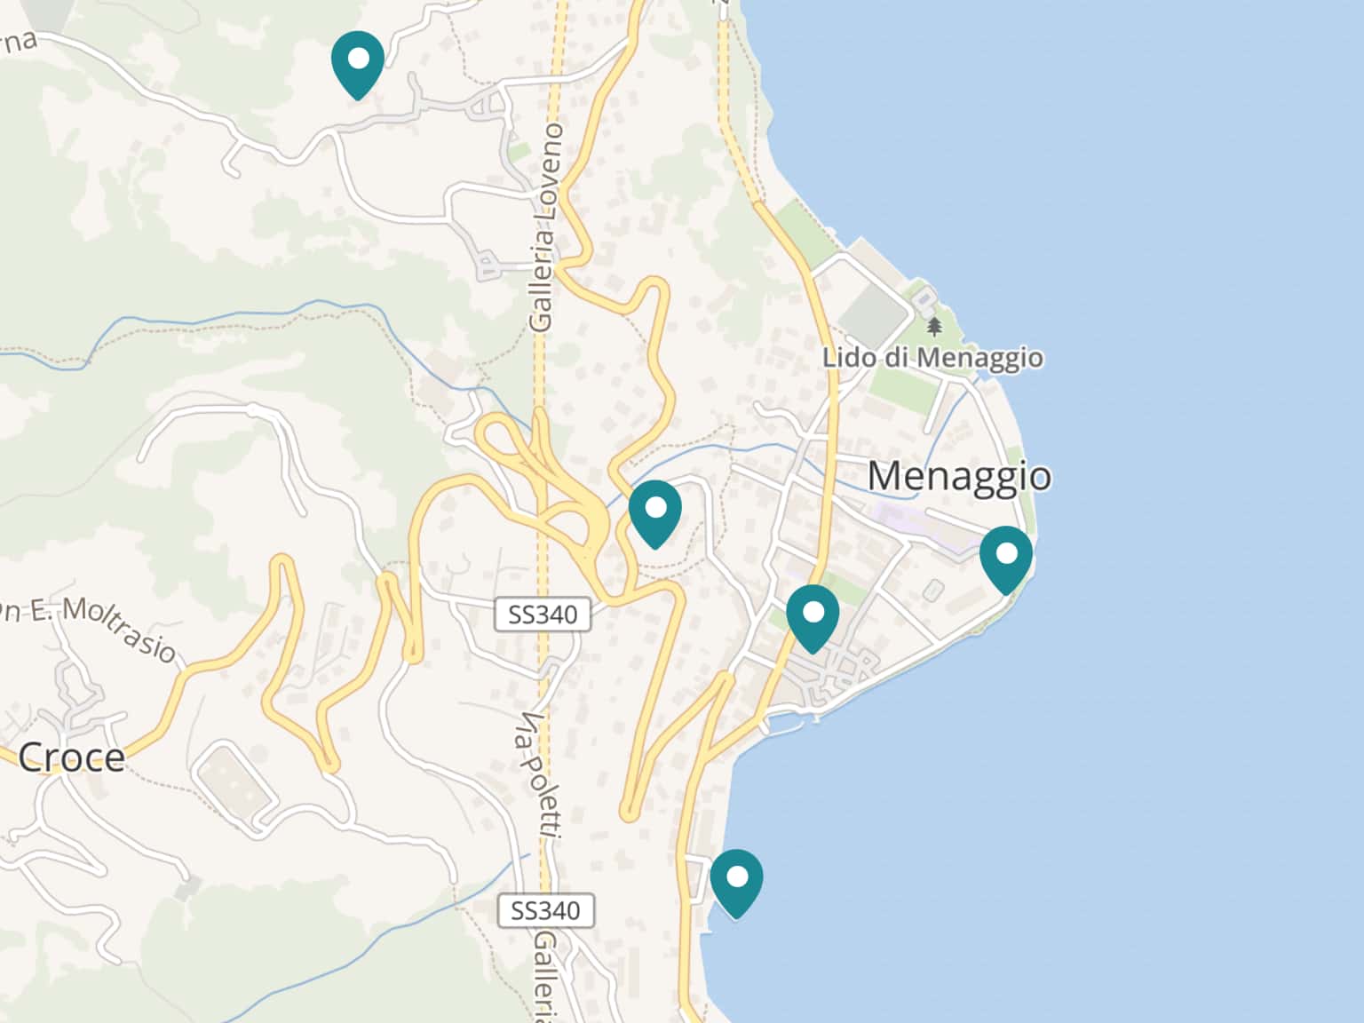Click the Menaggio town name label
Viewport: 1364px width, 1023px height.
(x=959, y=476)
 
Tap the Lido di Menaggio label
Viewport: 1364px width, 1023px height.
(x=932, y=358)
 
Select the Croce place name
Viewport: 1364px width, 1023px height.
(x=71, y=757)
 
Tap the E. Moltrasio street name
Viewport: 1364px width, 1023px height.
(x=98, y=626)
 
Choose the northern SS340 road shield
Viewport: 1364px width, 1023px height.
(x=542, y=614)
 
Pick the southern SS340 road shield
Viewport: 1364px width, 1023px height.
(x=545, y=910)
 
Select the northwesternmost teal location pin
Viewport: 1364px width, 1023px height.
(x=357, y=62)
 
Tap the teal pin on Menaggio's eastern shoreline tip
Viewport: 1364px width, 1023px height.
(x=1006, y=557)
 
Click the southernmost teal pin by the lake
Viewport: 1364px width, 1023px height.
(x=736, y=881)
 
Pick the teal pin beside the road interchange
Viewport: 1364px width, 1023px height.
(x=655, y=511)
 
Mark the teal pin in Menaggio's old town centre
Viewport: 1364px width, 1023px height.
(x=813, y=615)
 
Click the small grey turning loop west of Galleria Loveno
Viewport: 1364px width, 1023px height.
(x=487, y=264)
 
